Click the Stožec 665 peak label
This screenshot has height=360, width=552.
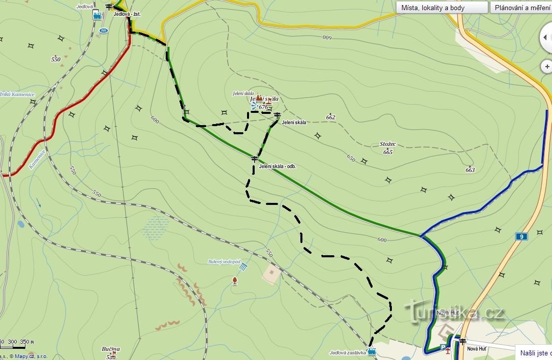click(x=388, y=148)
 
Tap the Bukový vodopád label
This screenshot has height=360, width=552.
click(x=224, y=262)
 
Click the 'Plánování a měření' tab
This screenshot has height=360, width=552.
click(x=520, y=8)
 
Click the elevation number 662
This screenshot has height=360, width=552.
click(x=331, y=117)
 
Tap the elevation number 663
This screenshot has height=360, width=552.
click(x=470, y=170)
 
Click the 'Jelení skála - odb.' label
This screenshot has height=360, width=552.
click(x=277, y=167)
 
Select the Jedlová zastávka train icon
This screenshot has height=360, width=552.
click(x=372, y=351)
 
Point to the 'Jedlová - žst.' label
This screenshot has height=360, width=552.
click(x=127, y=14)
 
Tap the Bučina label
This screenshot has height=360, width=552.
click(x=111, y=349)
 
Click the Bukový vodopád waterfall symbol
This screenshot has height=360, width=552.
click(x=243, y=266)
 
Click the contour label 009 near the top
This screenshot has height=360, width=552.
click(x=326, y=38)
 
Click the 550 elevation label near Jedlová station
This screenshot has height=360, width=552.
click(x=56, y=59)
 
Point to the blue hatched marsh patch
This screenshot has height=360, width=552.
click(x=156, y=228)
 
